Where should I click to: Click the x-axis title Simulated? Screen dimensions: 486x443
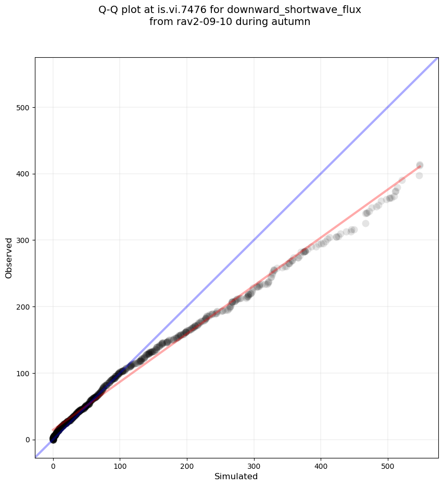[x=236, y=476]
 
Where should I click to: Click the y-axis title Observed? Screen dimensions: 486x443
[x=9, y=258]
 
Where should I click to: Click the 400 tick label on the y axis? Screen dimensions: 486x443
[x=22, y=174]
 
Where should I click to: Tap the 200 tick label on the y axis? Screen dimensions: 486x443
[x=22, y=307]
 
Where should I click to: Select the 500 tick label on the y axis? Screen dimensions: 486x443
[x=22, y=108]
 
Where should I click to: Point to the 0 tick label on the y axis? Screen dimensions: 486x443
[x=26, y=440]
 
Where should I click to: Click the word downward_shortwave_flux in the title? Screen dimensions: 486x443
[x=294, y=9]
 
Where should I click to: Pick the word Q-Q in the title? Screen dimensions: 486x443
[x=108, y=9]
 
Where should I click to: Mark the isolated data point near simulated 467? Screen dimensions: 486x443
[x=365, y=223]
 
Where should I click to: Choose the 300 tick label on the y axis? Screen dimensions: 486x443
[x=22, y=240]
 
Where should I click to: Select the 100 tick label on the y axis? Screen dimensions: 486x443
[x=22, y=373]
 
